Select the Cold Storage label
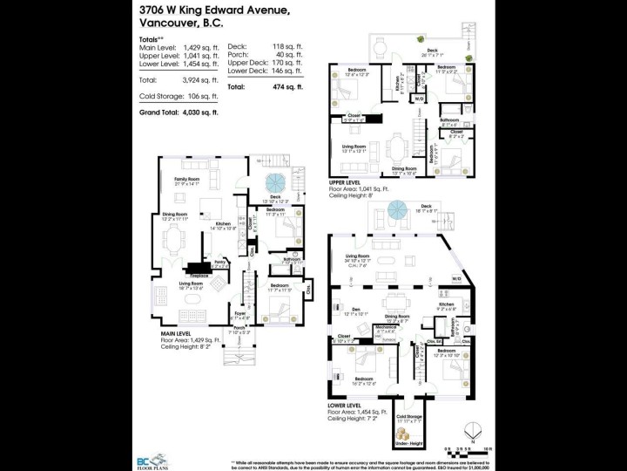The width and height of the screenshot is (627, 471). pos(408,418)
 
